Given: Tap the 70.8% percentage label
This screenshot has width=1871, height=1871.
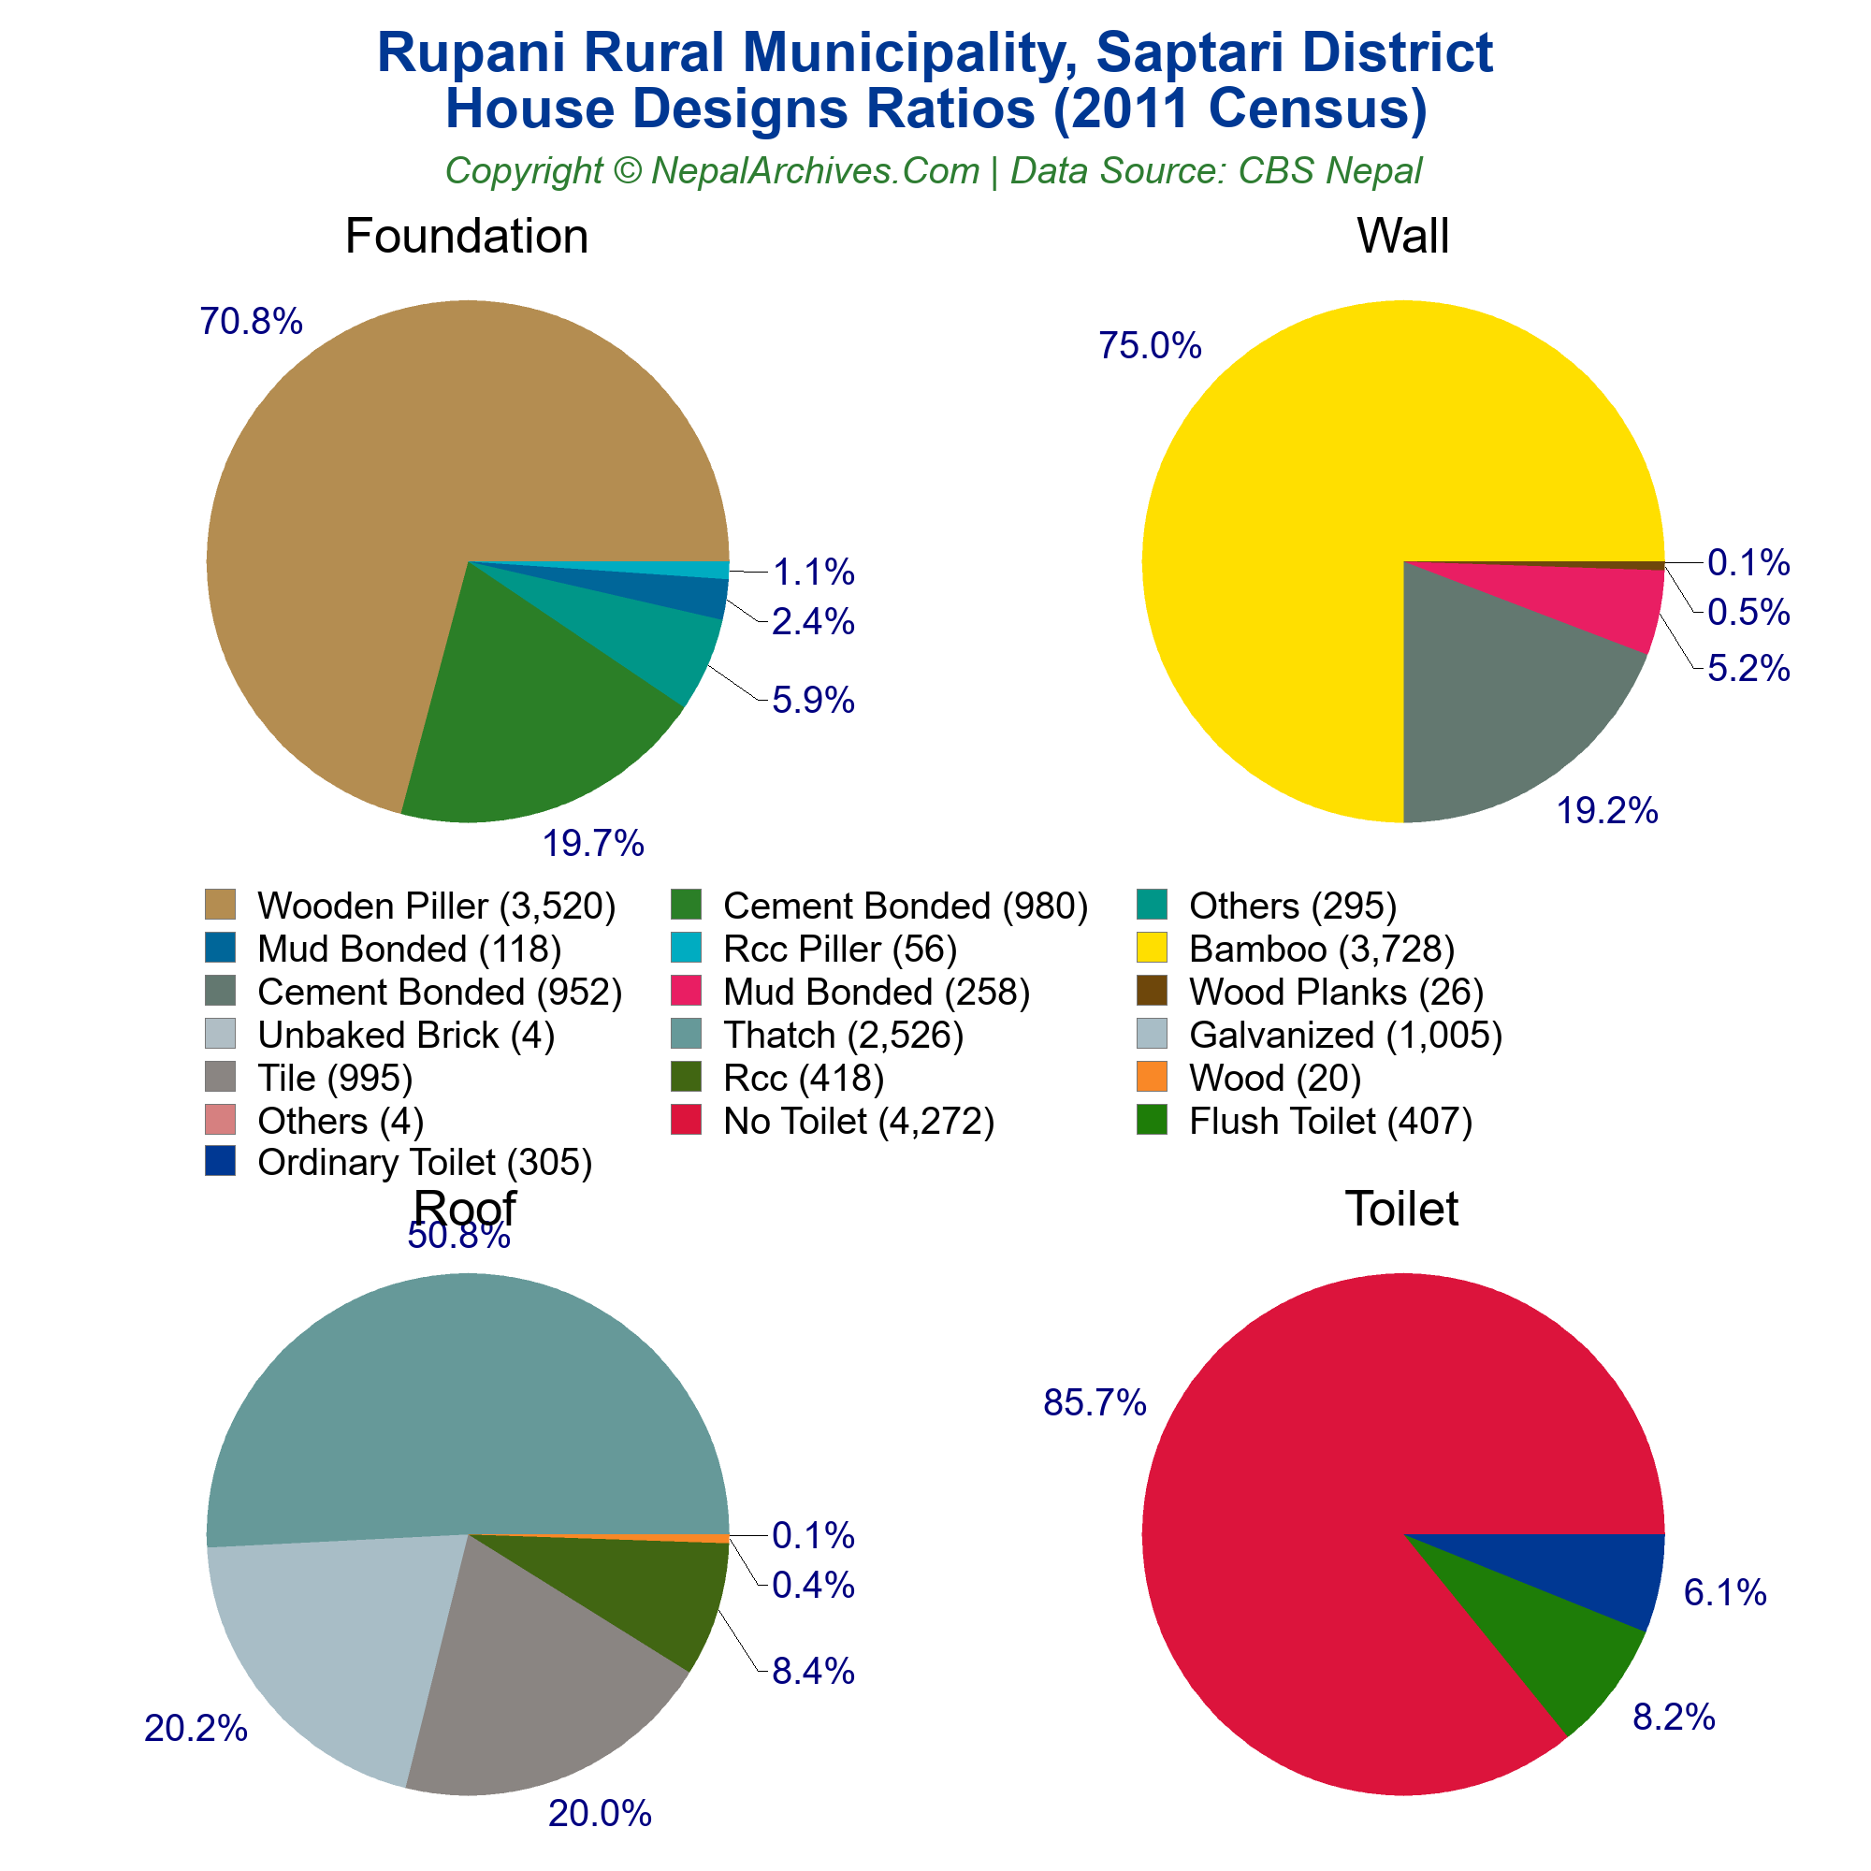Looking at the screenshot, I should click(x=251, y=322).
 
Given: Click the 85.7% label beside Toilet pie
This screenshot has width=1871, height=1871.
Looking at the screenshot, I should click(x=1095, y=1403).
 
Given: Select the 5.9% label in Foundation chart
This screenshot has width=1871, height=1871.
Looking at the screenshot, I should click(x=813, y=700).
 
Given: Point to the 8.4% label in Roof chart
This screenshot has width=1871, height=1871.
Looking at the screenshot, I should click(x=813, y=1673).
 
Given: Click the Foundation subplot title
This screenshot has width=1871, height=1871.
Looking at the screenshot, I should click(x=466, y=237).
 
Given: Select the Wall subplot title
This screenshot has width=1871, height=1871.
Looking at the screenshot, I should click(x=1402, y=237).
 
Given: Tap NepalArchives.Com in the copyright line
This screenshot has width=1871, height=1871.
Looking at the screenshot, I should click(x=815, y=171).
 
